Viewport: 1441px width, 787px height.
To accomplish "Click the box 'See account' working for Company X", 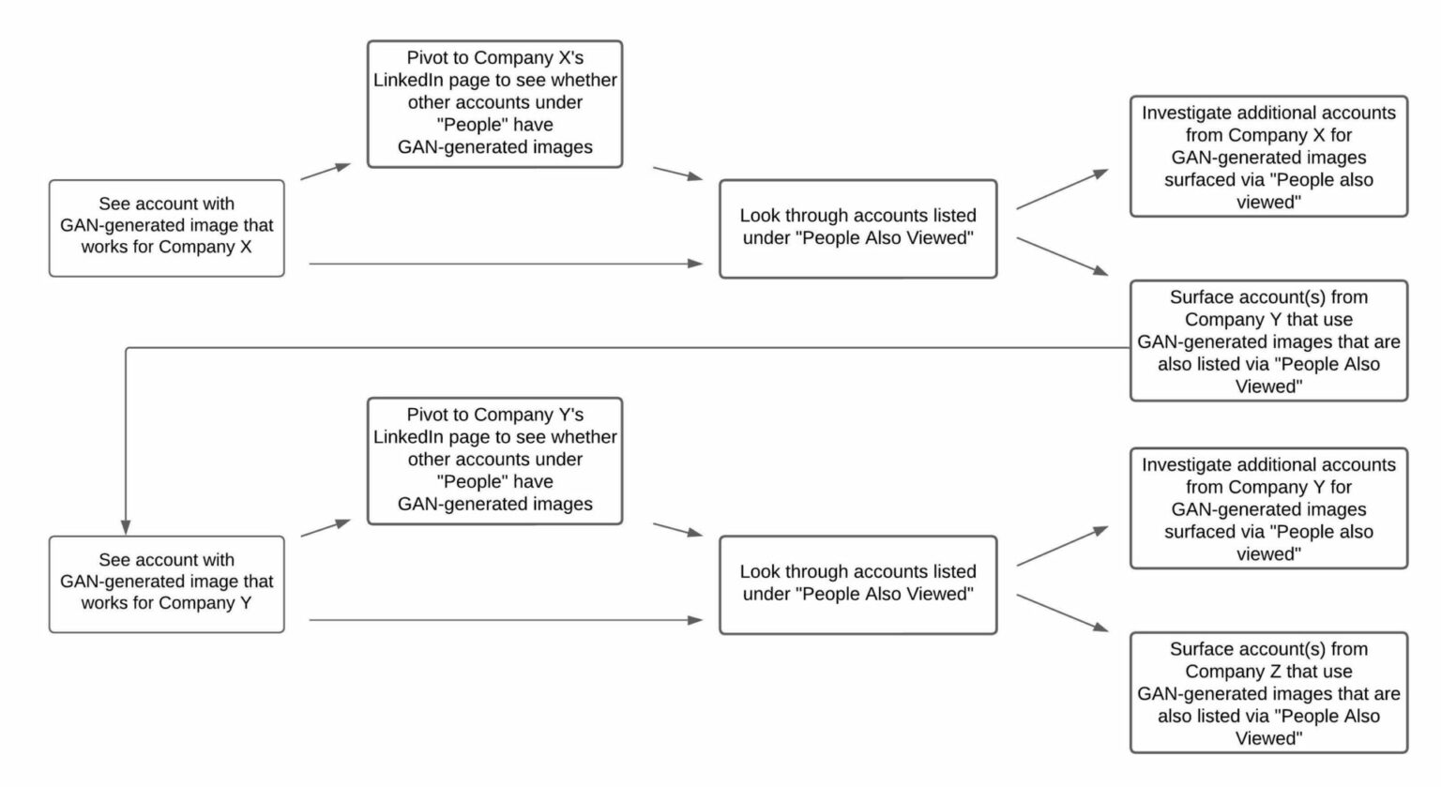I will pyautogui.click(x=166, y=228).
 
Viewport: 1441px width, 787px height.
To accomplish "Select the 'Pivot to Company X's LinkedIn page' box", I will pyautogui.click(x=494, y=103).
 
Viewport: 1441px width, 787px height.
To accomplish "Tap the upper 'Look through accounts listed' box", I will pyautogui.click(x=857, y=228).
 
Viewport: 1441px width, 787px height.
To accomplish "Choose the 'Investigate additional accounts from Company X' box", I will pyautogui.click(x=1268, y=157).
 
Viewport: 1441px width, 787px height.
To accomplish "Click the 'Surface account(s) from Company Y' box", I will pyautogui.click(x=1268, y=341).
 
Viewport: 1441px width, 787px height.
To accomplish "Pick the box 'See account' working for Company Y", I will pyautogui.click(x=166, y=583).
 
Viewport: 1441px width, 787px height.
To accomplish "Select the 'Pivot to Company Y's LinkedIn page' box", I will pyautogui.click(x=494, y=460).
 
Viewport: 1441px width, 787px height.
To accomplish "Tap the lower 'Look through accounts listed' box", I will pyautogui.click(x=857, y=583).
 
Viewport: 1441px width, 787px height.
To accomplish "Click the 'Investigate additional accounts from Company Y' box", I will pyautogui.click(x=1268, y=508).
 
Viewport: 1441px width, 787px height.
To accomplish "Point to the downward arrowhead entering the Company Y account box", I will pyautogui.click(x=126, y=526).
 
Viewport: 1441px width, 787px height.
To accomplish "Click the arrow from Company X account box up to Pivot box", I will pyautogui.click(x=325, y=172).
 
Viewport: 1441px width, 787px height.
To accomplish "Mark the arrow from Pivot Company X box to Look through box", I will pyautogui.click(x=677, y=174).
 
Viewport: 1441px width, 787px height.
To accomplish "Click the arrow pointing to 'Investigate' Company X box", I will pyautogui.click(x=1062, y=189).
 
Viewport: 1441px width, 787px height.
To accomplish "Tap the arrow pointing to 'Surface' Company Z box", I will pyautogui.click(x=1062, y=613).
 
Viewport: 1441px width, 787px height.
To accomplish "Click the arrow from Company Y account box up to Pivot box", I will pyautogui.click(x=325, y=528).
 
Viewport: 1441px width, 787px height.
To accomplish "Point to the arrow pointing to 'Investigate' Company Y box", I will pyautogui.click(x=1062, y=546).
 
